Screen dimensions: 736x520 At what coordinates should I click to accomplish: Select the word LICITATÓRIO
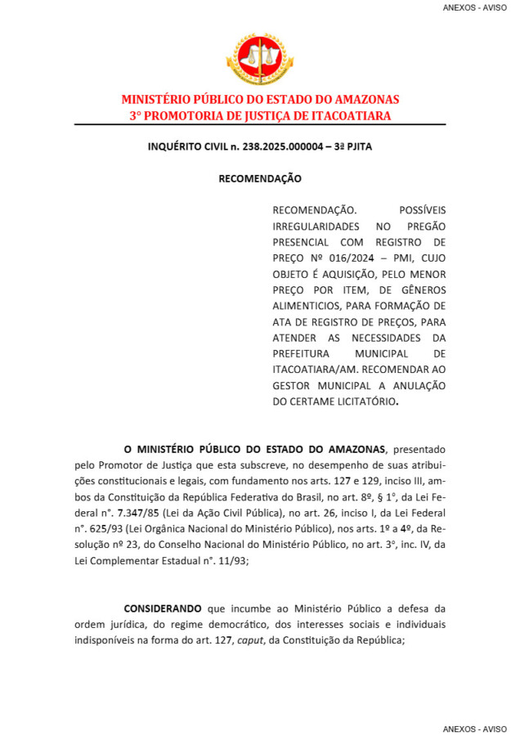(357, 403)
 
